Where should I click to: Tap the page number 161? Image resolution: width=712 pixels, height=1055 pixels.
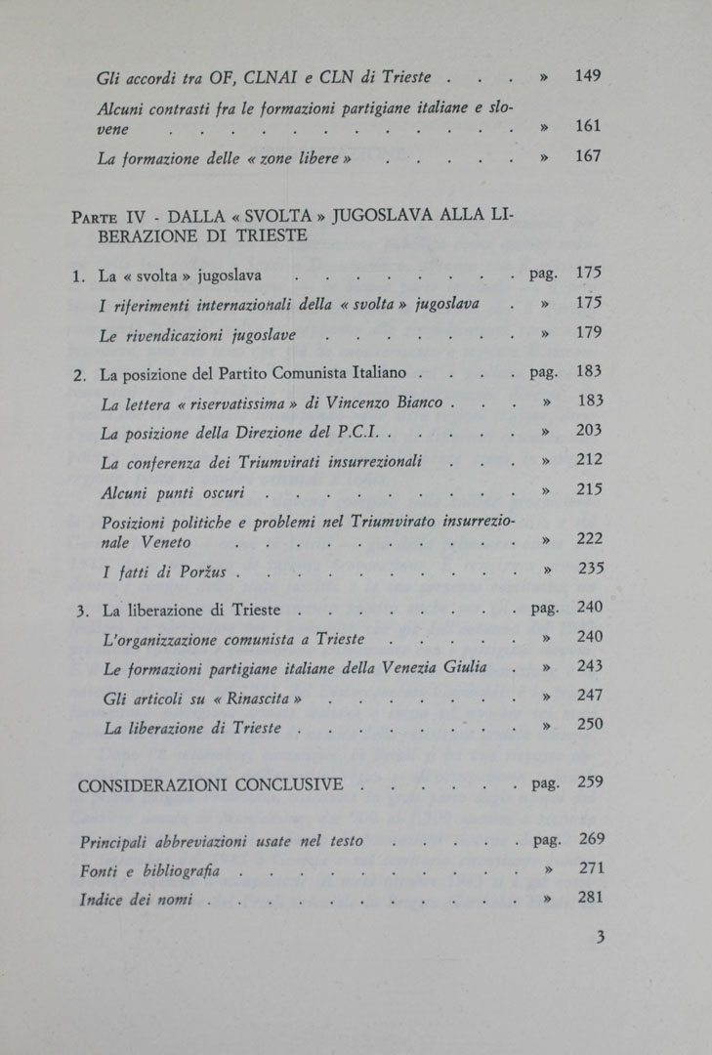pos(588,126)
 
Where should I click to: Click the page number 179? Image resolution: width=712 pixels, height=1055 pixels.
pos(589,332)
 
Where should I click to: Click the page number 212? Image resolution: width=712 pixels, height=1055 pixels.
pos(589,459)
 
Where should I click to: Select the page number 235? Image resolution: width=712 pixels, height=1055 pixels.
pos(590,569)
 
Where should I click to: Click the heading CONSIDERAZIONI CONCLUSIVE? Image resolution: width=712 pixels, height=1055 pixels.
pos(210,784)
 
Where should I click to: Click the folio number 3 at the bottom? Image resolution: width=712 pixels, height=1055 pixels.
pos(601,938)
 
